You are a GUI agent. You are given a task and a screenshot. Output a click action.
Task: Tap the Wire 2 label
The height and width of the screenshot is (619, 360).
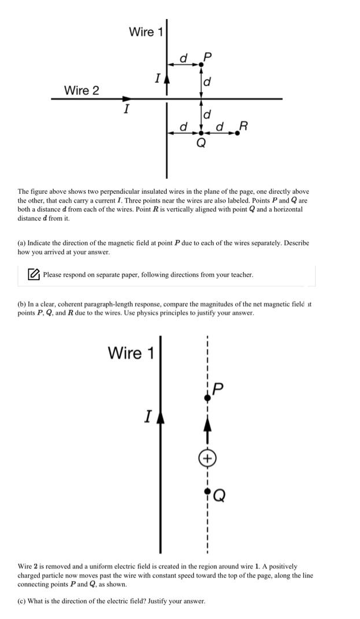[81, 90]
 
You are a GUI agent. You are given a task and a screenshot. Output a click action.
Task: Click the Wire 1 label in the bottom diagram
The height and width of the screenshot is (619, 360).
[131, 353]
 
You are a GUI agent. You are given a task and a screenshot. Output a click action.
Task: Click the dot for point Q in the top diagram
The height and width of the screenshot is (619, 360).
[201, 133]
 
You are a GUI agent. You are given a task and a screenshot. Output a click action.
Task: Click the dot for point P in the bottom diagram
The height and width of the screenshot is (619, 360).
[207, 398]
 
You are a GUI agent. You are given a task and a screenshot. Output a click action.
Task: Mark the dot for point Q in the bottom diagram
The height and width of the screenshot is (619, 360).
[207, 492]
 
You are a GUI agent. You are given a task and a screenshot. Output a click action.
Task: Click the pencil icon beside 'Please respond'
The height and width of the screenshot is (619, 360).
[35, 275]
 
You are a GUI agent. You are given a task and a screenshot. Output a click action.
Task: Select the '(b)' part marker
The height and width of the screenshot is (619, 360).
[22, 304]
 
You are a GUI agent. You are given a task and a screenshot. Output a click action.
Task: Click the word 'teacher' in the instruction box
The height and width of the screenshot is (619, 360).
[242, 275]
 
